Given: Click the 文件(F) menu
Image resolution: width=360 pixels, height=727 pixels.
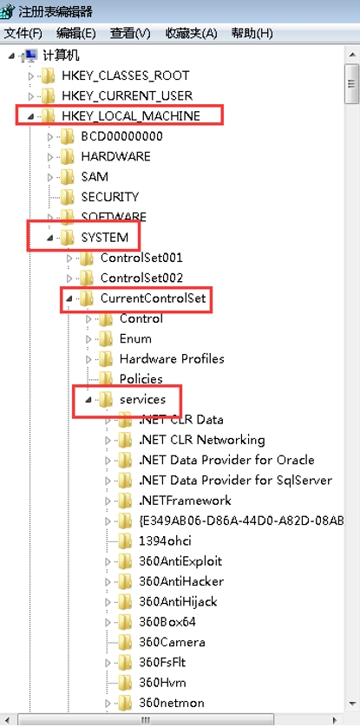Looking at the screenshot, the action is (x=23, y=33).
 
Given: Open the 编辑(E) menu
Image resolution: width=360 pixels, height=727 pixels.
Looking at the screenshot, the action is (x=76, y=33).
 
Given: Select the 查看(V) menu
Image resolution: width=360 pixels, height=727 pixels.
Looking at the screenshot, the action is (x=130, y=33).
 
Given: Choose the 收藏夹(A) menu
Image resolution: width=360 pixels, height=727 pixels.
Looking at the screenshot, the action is (x=191, y=33).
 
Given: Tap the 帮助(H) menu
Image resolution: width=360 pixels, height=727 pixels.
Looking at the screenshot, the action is (x=252, y=33).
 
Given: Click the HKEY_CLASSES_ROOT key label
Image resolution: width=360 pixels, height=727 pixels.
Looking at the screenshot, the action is (x=126, y=75).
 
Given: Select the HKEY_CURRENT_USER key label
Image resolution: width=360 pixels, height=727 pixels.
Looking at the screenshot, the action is (x=127, y=95).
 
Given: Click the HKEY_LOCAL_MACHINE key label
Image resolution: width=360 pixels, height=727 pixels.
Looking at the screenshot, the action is (x=131, y=115).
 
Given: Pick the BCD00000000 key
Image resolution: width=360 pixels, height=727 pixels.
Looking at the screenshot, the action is (x=121, y=136).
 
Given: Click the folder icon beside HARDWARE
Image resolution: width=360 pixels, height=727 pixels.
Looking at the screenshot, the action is (x=67, y=156).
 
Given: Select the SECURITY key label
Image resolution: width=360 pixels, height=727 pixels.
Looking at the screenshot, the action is (x=110, y=197).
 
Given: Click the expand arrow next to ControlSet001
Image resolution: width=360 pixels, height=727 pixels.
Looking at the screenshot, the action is (x=70, y=258).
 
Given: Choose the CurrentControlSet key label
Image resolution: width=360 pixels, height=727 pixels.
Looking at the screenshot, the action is (x=153, y=298).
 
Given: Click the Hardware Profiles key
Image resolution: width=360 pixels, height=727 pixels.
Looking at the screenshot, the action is (x=172, y=359).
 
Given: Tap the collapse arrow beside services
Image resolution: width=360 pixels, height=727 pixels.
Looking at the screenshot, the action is (x=89, y=400).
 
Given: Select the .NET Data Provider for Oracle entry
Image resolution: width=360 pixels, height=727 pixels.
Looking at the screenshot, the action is (x=226, y=460).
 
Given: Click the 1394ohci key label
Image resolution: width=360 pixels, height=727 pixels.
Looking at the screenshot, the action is (x=165, y=540).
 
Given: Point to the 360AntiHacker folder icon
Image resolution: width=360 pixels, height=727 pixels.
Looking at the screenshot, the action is (x=125, y=581).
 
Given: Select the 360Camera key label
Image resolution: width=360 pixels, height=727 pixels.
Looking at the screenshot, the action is (x=172, y=642).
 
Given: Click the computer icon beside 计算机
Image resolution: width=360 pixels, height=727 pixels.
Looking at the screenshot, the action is (x=30, y=56).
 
